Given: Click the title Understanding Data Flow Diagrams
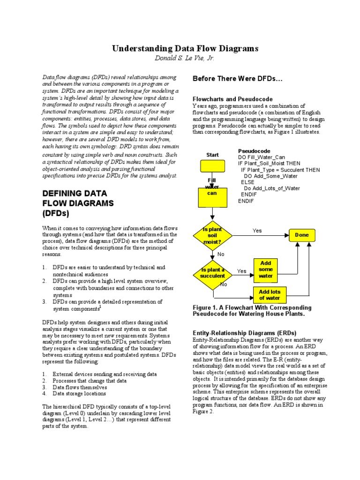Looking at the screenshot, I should tap(184, 49).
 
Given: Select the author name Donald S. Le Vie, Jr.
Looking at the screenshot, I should tap(184, 58).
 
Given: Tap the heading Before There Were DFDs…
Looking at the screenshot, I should tap(238, 79).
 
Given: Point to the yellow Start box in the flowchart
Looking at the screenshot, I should tap(212, 166).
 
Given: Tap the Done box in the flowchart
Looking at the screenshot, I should tap(301, 235).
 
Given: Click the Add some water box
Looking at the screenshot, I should tap(266, 270).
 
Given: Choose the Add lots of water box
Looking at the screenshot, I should tap(270, 295).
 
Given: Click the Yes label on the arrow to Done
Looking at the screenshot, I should tap(257, 231).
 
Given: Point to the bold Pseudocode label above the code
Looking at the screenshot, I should tap(254, 151).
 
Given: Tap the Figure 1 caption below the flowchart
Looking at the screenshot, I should tap(252, 310).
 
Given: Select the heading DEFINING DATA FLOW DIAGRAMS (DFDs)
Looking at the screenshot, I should tap(78, 203).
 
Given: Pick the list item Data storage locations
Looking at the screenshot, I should tap(79, 394).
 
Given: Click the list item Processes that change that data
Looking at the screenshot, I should tap(90, 381).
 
